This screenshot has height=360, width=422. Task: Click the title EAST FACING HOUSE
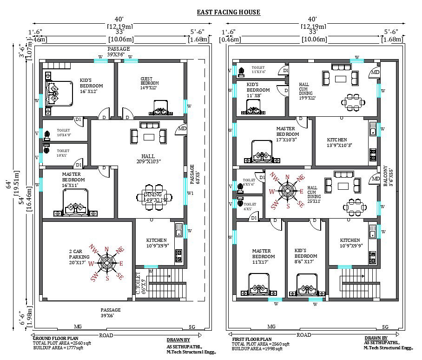point(228,12)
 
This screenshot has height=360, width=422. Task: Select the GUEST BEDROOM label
point(150,83)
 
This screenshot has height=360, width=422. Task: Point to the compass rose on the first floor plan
point(287,191)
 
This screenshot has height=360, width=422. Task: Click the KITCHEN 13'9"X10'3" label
point(336,142)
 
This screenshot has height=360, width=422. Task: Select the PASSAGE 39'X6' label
point(111,313)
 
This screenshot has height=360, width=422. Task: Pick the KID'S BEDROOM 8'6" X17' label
point(306,259)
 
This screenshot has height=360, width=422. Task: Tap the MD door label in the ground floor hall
point(182,129)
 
